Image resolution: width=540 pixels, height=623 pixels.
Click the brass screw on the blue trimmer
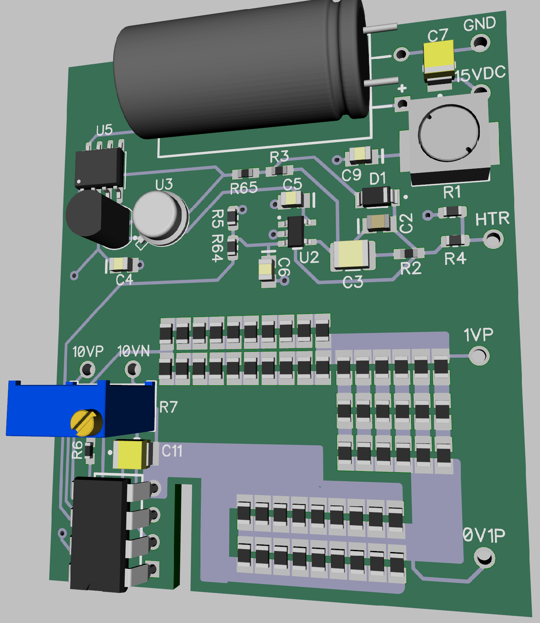pos(86,422)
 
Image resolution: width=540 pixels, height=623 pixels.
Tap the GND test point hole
pos(481,43)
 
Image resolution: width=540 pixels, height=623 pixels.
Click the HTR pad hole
pos(493,239)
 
